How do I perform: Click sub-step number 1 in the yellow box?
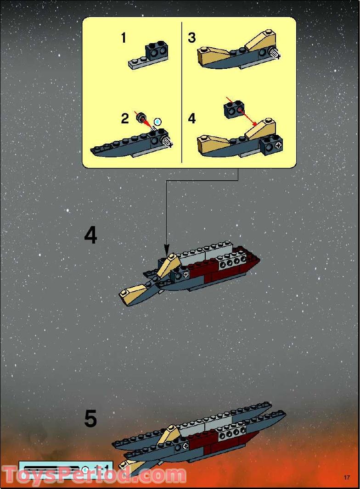click(123, 38)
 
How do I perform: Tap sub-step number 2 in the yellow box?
click(125, 119)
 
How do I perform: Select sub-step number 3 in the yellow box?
click(192, 38)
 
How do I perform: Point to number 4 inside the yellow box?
click(192, 119)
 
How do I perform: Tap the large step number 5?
click(90, 419)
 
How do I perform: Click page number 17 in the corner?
click(347, 478)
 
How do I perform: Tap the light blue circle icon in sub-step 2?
click(158, 122)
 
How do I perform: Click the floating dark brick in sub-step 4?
click(233, 110)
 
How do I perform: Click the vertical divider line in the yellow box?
click(182, 92)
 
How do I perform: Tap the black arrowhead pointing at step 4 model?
click(166, 249)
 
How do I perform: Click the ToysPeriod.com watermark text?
click(94, 475)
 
